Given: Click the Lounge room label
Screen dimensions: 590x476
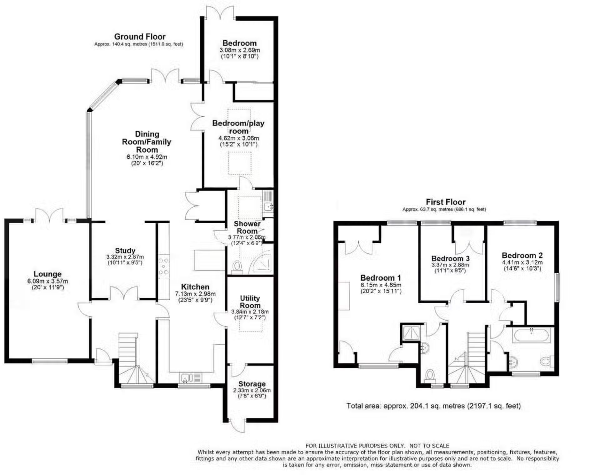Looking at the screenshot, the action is click(x=47, y=274).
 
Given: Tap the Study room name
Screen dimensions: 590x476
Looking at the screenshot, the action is click(x=125, y=251).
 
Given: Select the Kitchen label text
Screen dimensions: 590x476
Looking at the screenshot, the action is click(x=195, y=287).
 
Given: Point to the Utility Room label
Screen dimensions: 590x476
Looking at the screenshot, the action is click(x=250, y=302).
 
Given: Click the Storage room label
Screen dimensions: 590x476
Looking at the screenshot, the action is click(x=252, y=384).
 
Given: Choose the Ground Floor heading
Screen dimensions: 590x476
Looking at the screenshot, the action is click(x=140, y=37).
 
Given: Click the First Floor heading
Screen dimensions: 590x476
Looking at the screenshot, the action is click(x=446, y=202).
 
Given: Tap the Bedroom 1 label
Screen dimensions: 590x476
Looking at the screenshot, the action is click(x=381, y=278).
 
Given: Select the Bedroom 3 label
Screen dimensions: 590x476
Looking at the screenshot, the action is click(x=450, y=258).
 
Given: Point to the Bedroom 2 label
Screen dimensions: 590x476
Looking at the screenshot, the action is click(x=522, y=255).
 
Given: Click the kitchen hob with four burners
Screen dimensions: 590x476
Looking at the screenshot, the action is click(x=164, y=266).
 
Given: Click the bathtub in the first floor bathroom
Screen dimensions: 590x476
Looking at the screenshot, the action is click(x=532, y=335).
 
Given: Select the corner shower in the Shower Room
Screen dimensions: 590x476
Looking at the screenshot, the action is click(x=263, y=261).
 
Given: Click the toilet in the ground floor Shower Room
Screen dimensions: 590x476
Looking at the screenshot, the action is click(x=237, y=267).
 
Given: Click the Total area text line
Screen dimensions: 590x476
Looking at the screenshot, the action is click(x=433, y=406).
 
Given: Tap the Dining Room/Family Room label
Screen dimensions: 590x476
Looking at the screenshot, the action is click(x=147, y=142).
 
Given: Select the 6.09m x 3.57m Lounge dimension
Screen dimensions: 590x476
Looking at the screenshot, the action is click(x=47, y=281).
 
